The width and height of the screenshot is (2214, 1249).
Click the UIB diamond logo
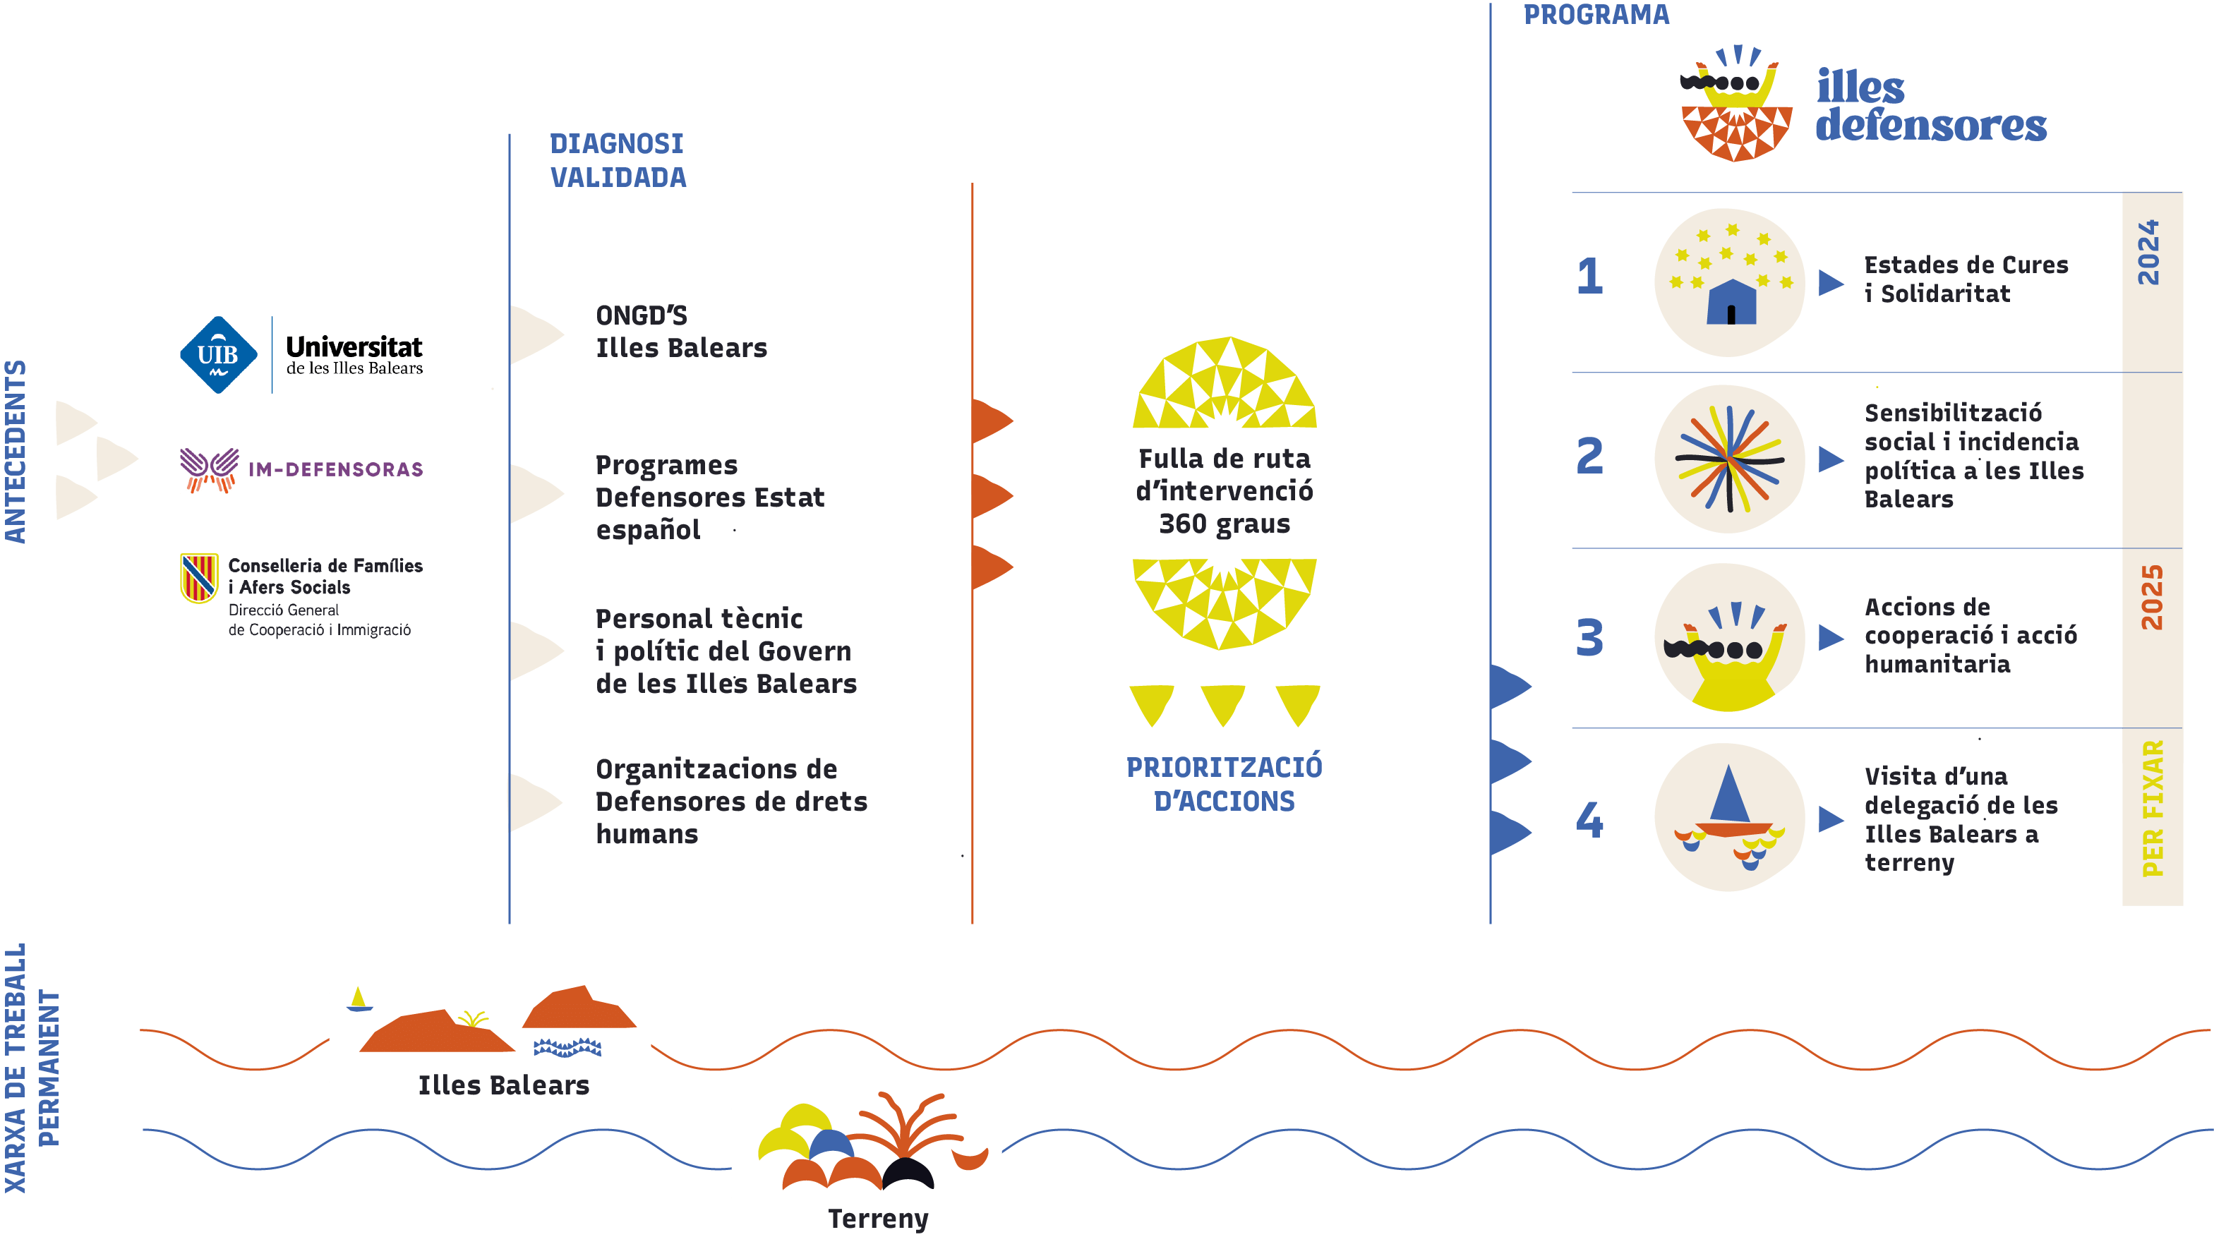coord(218,355)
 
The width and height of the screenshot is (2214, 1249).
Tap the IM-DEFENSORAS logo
coord(301,470)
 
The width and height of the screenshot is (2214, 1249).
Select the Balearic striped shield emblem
coord(198,578)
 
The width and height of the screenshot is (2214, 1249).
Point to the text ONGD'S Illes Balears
coord(680,332)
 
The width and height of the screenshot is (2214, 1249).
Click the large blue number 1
coord(1589,277)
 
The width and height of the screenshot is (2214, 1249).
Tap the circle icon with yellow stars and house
coord(1729,282)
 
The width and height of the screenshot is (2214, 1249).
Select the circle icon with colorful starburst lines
coord(1729,459)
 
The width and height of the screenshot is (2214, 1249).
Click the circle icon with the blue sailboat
coord(1729,816)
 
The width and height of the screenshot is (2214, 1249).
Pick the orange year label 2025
coord(2151,598)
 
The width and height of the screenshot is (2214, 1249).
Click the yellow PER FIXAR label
coord(2152,808)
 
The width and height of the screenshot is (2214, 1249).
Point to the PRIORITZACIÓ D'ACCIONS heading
coord(1224,784)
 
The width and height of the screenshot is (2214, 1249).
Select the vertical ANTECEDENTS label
coord(16,452)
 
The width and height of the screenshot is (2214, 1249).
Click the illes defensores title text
coord(1930,107)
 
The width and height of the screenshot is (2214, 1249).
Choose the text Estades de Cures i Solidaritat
coord(1966,279)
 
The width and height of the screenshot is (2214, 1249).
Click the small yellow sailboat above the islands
coord(359,999)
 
